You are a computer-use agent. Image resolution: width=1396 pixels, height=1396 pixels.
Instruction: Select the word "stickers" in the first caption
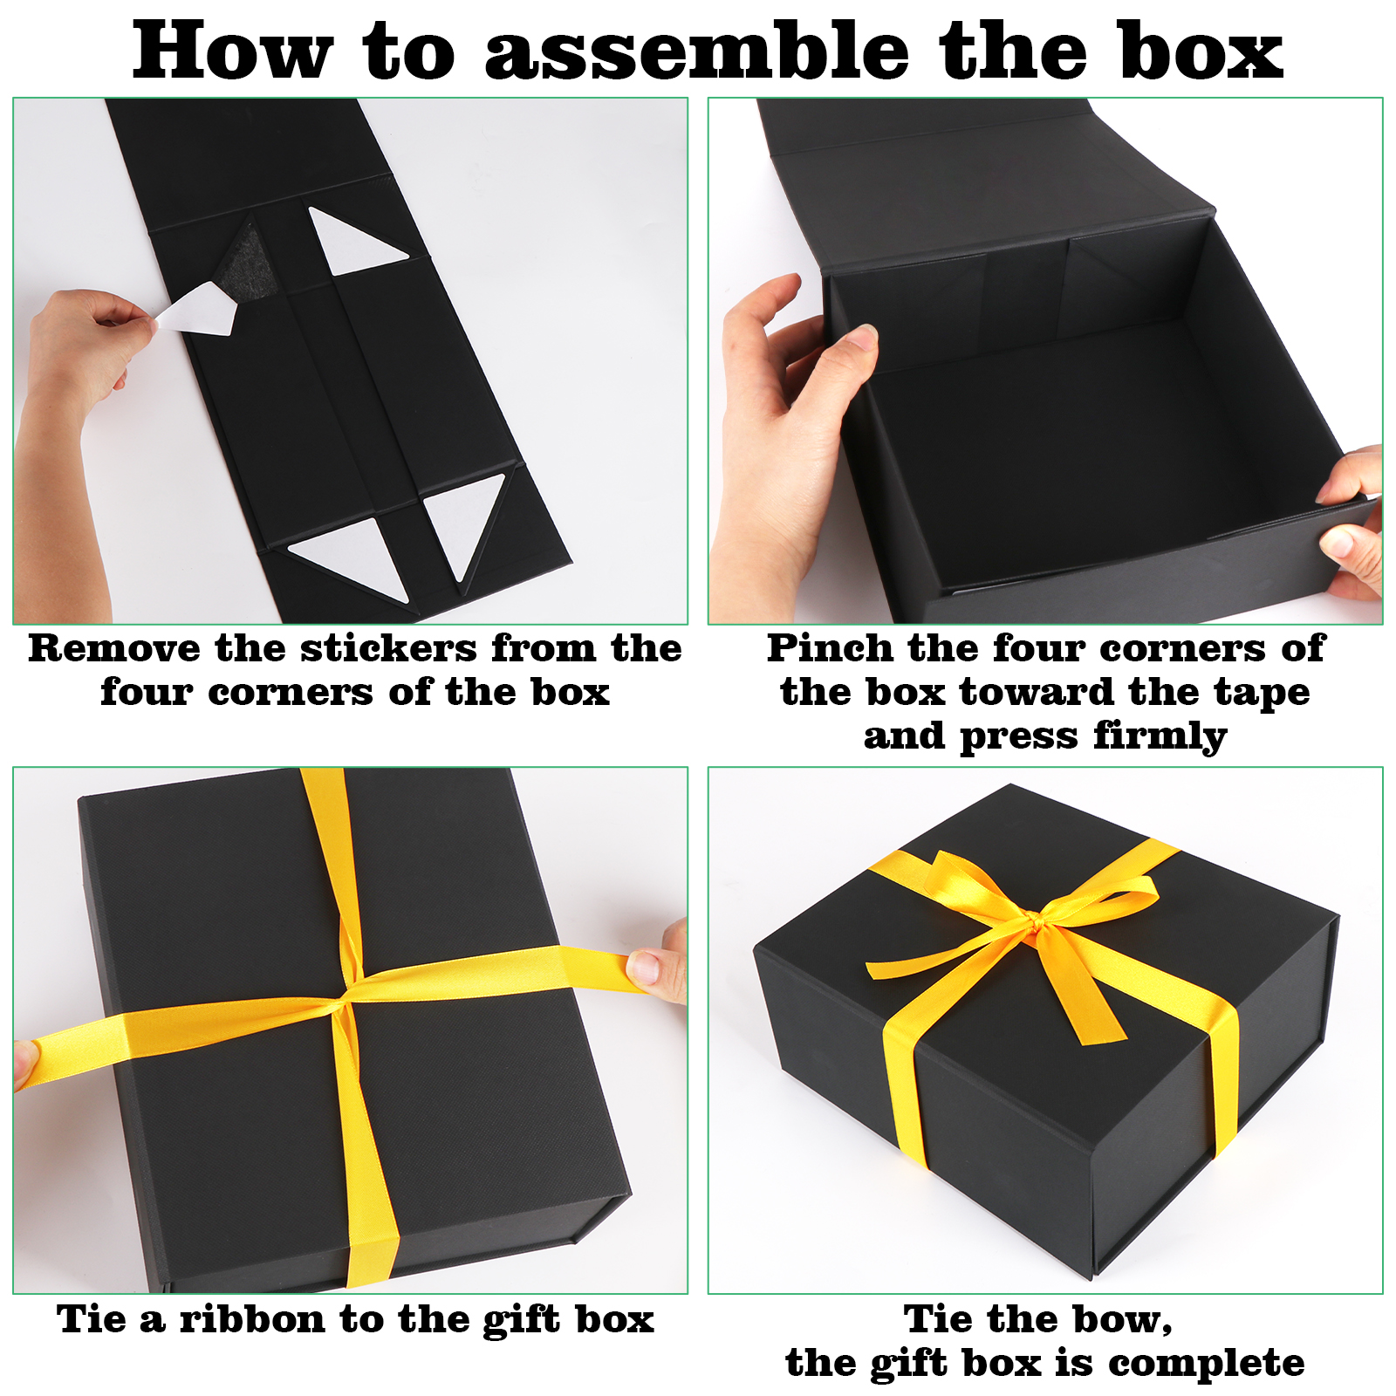click(389, 648)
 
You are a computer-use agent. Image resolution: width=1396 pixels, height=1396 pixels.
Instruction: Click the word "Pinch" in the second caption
click(830, 648)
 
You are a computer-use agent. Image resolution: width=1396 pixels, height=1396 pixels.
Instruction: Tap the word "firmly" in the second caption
click(1160, 737)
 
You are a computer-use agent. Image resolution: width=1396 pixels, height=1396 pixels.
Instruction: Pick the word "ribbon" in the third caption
click(253, 1319)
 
